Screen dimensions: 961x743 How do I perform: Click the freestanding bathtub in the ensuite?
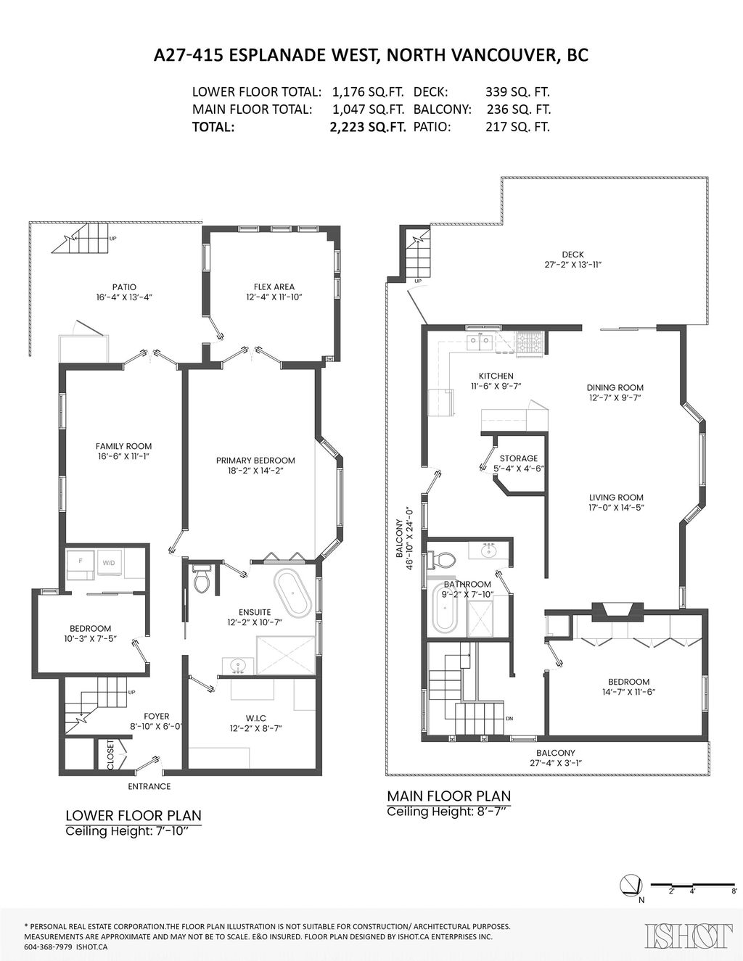click(x=292, y=593)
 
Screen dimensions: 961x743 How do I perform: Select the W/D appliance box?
click(x=109, y=563)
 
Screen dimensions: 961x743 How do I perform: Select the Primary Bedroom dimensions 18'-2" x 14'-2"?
click(x=255, y=471)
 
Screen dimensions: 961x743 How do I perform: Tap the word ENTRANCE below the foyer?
click(x=149, y=786)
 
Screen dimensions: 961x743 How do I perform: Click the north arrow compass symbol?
click(x=631, y=885)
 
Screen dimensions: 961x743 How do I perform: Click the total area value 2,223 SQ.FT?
click(x=366, y=127)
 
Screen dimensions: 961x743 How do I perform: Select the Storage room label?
click(x=519, y=458)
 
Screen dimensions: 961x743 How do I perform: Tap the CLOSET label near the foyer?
click(x=110, y=754)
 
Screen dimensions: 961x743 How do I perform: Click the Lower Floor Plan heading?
click(x=134, y=815)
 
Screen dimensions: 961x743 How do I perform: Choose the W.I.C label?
click(x=252, y=718)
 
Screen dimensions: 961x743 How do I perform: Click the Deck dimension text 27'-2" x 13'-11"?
click(x=572, y=265)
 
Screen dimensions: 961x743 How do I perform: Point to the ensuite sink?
click(x=239, y=664)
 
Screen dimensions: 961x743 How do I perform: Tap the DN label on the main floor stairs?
click(x=509, y=719)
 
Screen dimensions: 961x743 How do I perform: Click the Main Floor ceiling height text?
click(x=448, y=812)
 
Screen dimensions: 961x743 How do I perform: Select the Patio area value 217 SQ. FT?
click(x=517, y=127)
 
